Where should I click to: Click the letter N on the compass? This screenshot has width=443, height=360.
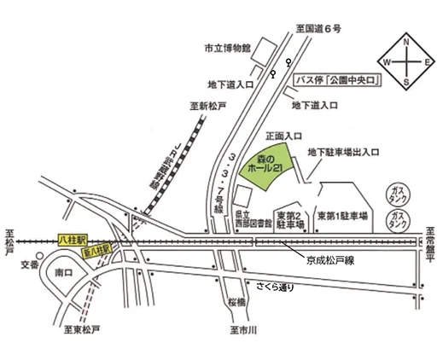(x=405, y=41)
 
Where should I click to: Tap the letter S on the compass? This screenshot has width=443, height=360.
(x=405, y=82)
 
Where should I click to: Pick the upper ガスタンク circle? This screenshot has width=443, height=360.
(x=397, y=189)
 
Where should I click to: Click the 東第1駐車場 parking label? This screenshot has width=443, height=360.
(x=341, y=215)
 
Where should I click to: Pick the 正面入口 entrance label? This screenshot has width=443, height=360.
(x=284, y=136)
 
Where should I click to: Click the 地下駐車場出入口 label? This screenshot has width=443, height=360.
(x=341, y=154)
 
